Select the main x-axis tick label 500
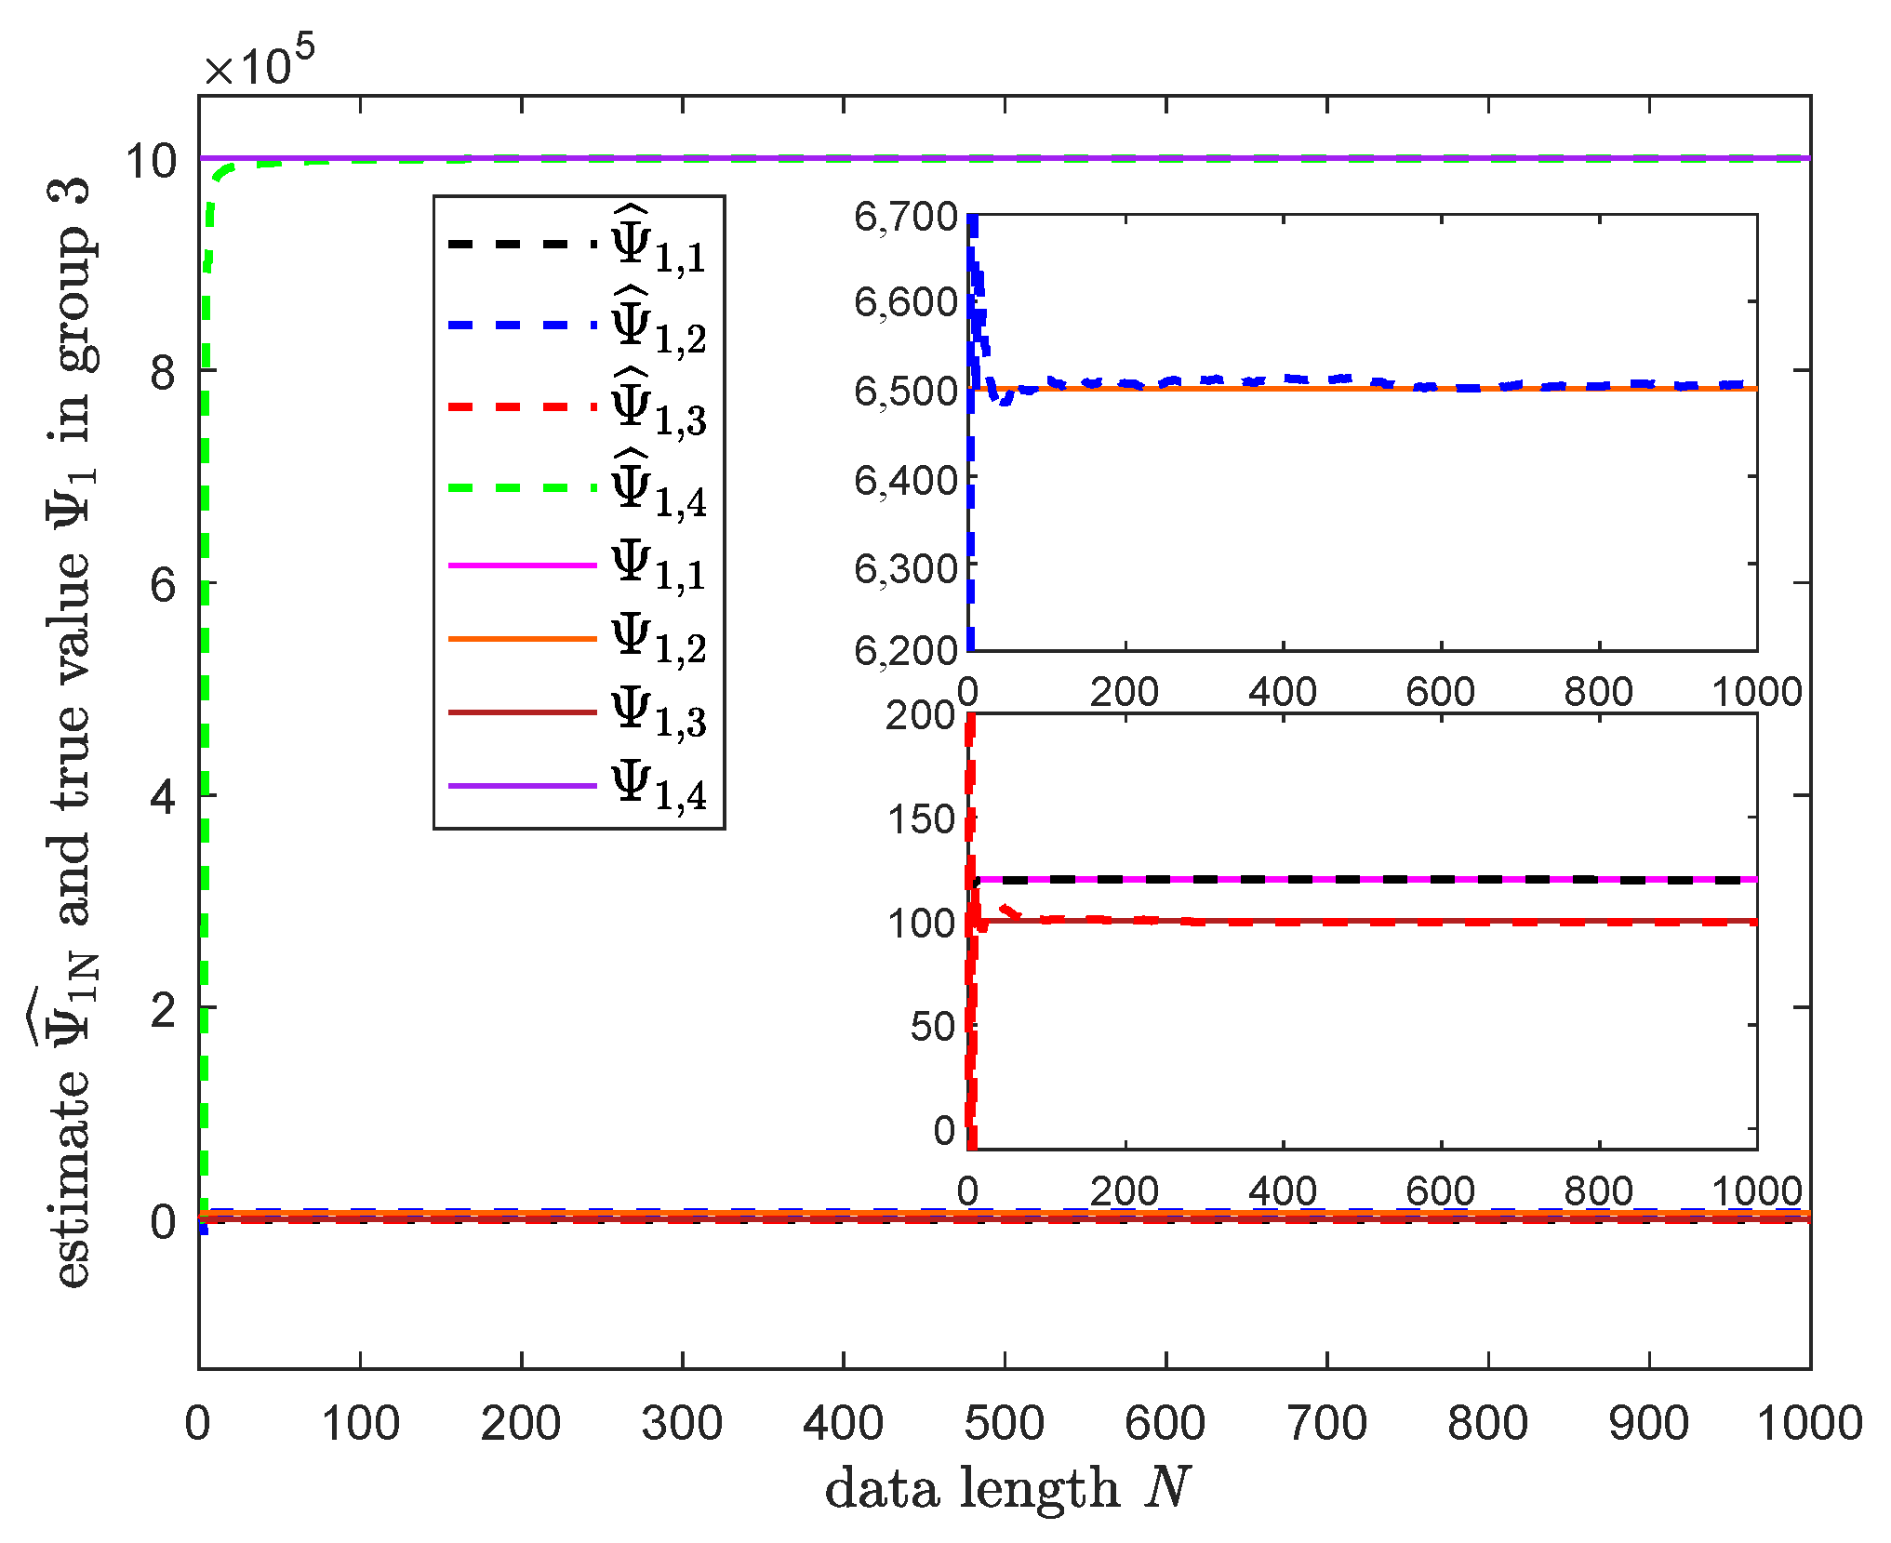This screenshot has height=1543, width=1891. [x=1004, y=1424]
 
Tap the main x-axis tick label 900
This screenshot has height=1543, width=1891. [x=1648, y=1424]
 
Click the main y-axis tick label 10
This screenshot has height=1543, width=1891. [x=152, y=161]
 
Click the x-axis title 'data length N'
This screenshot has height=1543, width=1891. [x=1006, y=1489]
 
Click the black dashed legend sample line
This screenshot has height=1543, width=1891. [x=522, y=244]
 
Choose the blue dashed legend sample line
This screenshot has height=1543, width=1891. [x=522, y=326]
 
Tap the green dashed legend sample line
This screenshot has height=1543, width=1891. [x=522, y=487]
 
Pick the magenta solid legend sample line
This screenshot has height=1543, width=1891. [x=522, y=565]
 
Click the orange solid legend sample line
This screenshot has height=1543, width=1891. [x=522, y=639]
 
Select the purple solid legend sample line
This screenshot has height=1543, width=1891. [x=522, y=786]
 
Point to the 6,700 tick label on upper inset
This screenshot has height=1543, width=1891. [x=906, y=217]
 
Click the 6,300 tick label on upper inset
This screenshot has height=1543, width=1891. [x=906, y=568]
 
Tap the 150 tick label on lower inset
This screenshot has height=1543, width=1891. [x=921, y=819]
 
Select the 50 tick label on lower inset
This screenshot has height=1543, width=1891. [x=933, y=1027]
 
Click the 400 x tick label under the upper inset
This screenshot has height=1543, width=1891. [x=1283, y=692]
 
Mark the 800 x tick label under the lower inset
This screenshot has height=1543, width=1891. [x=1598, y=1191]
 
